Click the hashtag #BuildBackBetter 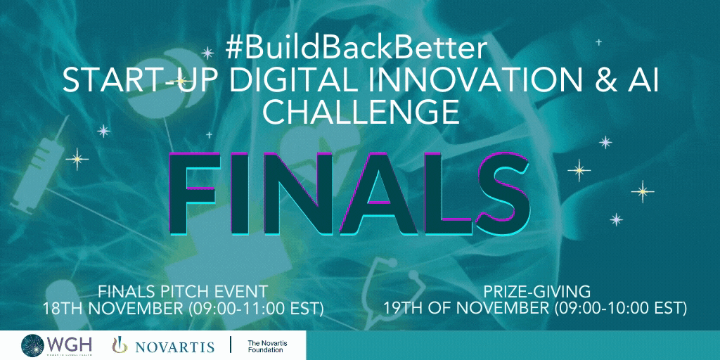pyautogui.click(x=355, y=48)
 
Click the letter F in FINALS pyautogui.click(x=193, y=193)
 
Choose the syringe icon pyautogui.click(x=39, y=165)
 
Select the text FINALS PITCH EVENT pyautogui.click(x=183, y=292)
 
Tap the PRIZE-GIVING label pyautogui.click(x=536, y=292)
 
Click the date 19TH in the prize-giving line pyautogui.click(x=403, y=308)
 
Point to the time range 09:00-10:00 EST pyautogui.click(x=620, y=309)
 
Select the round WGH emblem pyautogui.click(x=33, y=345)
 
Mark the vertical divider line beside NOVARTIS pyautogui.click(x=230, y=345)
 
